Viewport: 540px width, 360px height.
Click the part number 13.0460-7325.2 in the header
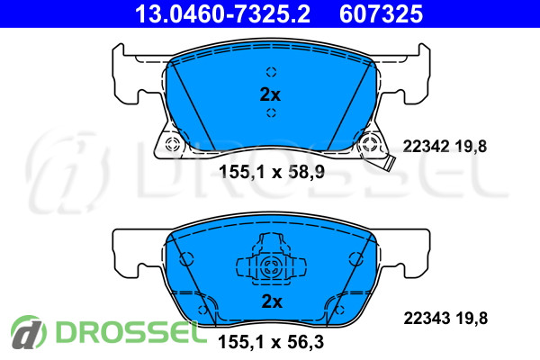[x=222, y=14]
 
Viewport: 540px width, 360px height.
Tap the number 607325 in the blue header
[x=381, y=14]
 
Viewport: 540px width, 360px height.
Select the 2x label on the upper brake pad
[x=270, y=94]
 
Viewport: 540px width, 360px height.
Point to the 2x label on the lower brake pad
[x=272, y=301]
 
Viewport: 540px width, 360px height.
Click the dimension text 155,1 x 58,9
[x=272, y=172]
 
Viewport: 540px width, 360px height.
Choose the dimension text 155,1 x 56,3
[x=271, y=342]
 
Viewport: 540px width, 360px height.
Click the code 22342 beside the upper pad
[x=426, y=147]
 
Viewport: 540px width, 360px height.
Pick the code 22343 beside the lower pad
[x=427, y=319]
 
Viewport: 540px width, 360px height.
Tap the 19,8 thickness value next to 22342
[x=471, y=147]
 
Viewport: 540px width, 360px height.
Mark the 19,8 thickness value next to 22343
[x=472, y=319]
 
